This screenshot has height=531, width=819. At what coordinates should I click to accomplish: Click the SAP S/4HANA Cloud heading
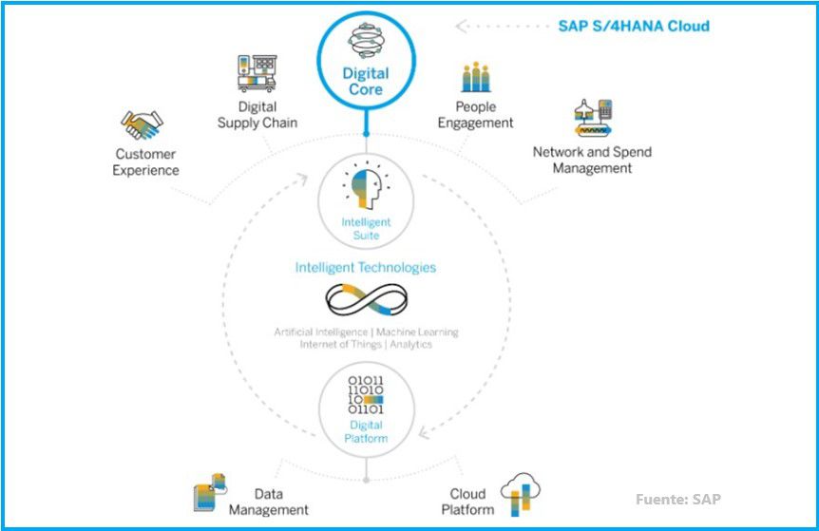[x=633, y=26]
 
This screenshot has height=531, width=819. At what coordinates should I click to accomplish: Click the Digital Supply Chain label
[x=257, y=115]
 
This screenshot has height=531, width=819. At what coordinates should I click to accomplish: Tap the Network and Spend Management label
[x=592, y=160]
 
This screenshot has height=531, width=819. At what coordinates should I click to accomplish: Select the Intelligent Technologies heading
[x=366, y=268]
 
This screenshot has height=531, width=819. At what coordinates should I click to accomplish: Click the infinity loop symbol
[x=366, y=301]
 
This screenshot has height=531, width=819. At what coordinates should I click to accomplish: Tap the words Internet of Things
[x=339, y=344]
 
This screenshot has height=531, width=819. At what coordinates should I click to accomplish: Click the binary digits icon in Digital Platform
[x=366, y=395]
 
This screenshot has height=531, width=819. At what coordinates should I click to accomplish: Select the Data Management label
[x=269, y=502]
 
